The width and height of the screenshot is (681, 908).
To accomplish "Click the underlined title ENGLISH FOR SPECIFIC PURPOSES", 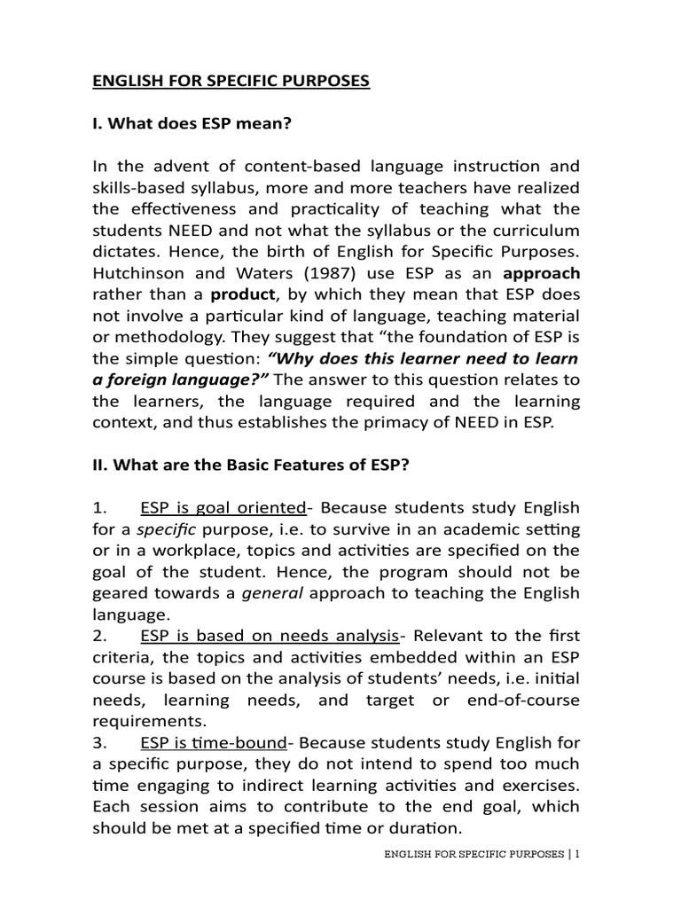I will coord(231,82).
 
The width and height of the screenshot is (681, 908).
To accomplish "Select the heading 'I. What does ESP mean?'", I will coord(192,123).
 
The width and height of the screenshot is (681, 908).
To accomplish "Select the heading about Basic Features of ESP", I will coord(274,466).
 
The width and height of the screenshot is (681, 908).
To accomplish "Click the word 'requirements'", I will coord(146,720).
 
